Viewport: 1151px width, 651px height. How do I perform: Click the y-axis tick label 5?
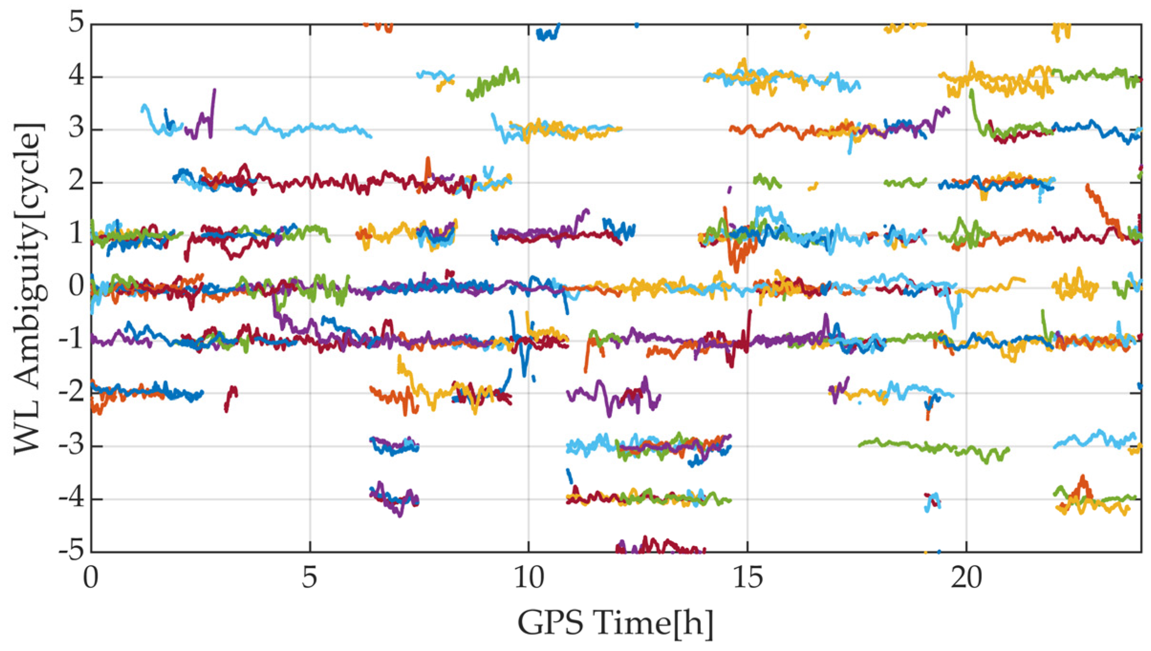75,23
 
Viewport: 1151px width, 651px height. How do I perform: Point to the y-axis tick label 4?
75,76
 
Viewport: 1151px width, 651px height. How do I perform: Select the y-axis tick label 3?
75,129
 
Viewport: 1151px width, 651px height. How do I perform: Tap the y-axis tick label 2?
75,182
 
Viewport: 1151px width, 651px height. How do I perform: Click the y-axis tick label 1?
75,234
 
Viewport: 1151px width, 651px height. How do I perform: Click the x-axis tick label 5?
310,578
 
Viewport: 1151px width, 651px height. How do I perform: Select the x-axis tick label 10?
528,578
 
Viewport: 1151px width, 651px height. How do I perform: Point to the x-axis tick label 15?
747,578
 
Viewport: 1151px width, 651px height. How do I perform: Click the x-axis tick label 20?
966,578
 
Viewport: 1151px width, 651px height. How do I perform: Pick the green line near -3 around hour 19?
932,447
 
